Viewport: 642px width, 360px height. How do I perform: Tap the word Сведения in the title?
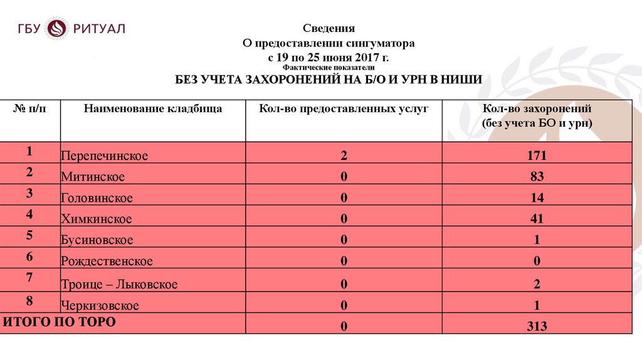(x=329, y=28)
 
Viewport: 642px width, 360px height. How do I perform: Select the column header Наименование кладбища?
(x=153, y=109)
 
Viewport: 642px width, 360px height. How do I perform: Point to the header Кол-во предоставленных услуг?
(x=344, y=109)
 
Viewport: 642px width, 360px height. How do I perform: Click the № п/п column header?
(x=29, y=109)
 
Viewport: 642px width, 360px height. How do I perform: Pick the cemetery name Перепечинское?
(x=105, y=156)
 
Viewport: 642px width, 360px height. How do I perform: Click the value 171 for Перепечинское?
(x=537, y=156)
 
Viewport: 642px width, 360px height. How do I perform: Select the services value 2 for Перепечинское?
(x=344, y=156)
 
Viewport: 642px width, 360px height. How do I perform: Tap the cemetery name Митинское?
(x=93, y=177)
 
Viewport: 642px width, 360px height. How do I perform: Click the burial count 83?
(x=537, y=177)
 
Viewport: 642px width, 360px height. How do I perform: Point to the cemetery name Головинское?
(x=97, y=199)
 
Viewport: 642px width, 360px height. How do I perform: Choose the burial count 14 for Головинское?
(x=537, y=198)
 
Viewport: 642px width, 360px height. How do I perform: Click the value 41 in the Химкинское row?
(x=537, y=220)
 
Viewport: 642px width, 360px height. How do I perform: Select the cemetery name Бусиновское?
(x=97, y=240)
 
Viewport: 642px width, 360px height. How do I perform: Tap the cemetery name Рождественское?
(x=107, y=262)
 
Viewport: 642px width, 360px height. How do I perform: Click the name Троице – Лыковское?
(x=119, y=285)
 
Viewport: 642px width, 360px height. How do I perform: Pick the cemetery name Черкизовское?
(x=100, y=306)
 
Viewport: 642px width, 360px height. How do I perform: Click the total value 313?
(x=537, y=327)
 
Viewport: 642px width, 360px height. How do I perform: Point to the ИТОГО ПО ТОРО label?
(x=60, y=322)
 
